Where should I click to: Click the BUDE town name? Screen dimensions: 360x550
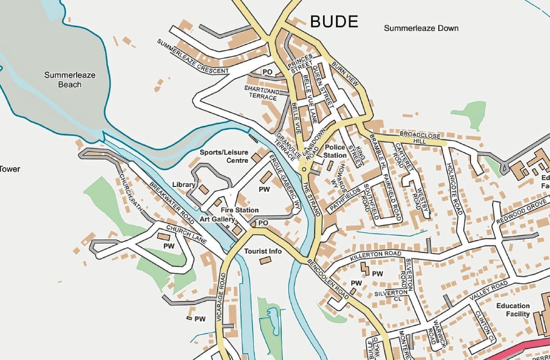(x=334, y=22)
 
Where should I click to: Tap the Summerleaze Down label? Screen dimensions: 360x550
(x=421, y=28)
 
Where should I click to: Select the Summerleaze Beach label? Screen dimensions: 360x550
(x=70, y=79)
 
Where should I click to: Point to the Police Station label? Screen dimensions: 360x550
(x=335, y=151)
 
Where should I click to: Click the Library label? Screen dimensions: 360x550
(x=184, y=185)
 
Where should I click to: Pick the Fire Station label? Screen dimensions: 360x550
(x=240, y=210)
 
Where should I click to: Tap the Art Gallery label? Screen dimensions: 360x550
(x=217, y=219)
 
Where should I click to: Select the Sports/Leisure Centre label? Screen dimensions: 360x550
(x=224, y=156)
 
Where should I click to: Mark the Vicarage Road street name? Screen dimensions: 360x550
(x=221, y=297)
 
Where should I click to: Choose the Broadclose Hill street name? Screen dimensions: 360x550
(x=420, y=138)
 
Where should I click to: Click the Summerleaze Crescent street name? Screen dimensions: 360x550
(x=193, y=57)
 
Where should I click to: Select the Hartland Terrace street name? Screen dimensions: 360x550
(x=262, y=93)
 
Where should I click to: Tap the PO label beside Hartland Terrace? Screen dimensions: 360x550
(x=267, y=72)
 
